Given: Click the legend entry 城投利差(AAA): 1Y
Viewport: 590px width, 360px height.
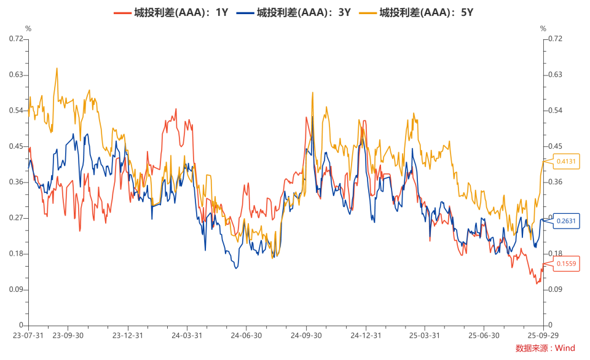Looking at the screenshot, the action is point(171,13).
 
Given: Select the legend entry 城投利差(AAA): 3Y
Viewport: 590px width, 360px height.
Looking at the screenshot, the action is point(294,13).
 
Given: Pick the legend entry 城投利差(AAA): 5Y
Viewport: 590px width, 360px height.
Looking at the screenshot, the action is point(416,13).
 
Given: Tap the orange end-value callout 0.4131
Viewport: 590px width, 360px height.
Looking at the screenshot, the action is point(566,162).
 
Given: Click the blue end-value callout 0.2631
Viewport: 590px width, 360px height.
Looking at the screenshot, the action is point(566,221).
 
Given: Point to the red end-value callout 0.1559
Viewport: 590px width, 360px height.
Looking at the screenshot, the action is point(566,264).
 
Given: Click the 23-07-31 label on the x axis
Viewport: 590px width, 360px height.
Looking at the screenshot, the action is point(28,335).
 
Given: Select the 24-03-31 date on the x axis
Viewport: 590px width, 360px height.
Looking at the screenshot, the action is point(187,335).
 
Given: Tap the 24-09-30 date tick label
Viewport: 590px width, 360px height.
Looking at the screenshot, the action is point(306,335).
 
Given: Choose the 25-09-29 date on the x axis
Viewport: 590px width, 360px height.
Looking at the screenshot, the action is point(543,335).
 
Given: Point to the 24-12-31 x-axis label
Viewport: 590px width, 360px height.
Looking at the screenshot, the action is point(366,335).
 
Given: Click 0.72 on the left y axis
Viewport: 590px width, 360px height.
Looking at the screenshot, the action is point(16,39).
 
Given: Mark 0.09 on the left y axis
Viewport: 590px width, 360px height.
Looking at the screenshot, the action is point(16,289).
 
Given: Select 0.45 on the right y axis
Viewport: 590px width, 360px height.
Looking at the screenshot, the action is point(556,146).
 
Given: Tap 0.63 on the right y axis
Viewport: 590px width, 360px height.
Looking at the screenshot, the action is point(556,74).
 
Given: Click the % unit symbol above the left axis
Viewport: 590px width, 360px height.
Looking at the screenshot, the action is point(28,29).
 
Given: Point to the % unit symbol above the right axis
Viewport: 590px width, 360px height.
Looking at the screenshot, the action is point(543,29).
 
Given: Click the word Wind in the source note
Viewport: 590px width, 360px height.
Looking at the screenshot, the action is point(565,348).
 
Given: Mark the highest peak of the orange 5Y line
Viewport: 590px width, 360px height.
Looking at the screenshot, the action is point(57,68).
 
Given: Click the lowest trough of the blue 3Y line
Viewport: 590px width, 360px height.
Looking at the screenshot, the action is point(236,268).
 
